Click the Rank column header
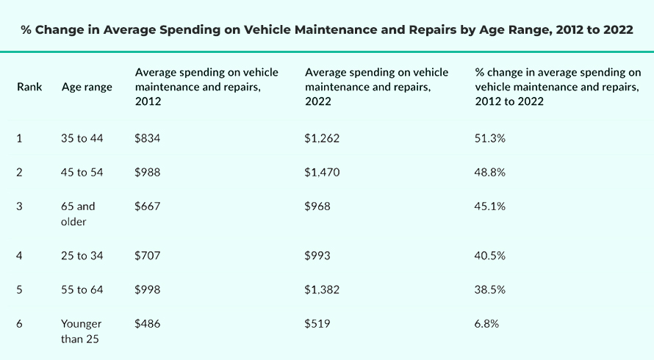[x=29, y=87]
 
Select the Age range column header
[x=87, y=87]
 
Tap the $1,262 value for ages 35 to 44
[x=322, y=138]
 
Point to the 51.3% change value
[x=490, y=138]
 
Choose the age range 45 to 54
[x=82, y=173]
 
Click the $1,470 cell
[x=322, y=173]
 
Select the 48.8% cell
[x=490, y=173]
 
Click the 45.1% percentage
[x=490, y=206]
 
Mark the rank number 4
[x=21, y=256]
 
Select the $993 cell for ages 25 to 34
[x=317, y=256]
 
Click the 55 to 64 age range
[x=82, y=290]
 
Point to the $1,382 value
[x=322, y=290]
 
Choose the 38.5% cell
[x=490, y=290]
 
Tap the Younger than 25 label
[x=82, y=331]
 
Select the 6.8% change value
[x=487, y=324]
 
